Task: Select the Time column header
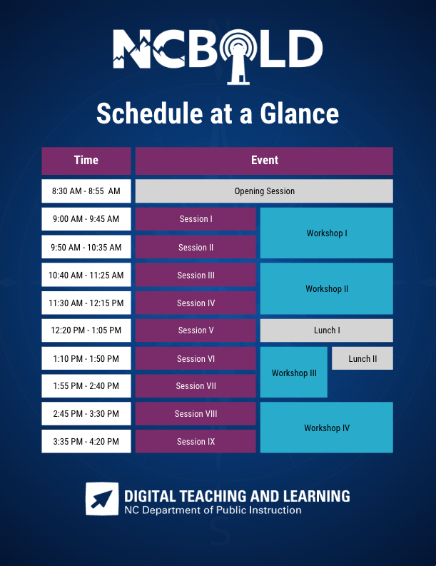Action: coord(86,161)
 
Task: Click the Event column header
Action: coord(264,161)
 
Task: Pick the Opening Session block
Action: coord(264,191)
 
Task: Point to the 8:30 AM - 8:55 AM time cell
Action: coord(86,191)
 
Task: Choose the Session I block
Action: coord(196,219)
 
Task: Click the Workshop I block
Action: coord(326,233)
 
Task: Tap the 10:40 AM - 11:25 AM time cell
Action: coord(86,276)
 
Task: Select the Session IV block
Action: coord(196,303)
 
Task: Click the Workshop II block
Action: coord(326,289)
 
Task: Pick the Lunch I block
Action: coord(326,330)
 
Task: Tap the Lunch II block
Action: coord(363,358)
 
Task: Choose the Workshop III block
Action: coord(294,373)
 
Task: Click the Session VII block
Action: coord(196,386)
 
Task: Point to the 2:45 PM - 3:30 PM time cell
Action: coord(86,414)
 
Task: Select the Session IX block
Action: coord(196,442)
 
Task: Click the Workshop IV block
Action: coord(326,428)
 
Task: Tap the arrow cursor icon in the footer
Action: coord(102,499)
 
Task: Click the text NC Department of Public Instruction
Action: coord(213,510)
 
